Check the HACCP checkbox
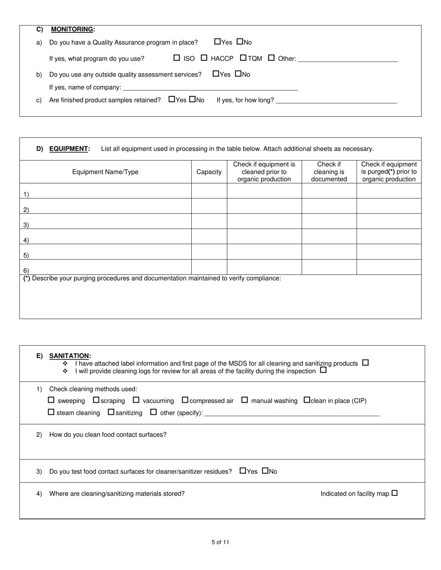pyautogui.click(x=204, y=58)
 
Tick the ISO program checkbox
pyautogui.click(x=176, y=58)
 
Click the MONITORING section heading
pyautogui.click(x=72, y=29)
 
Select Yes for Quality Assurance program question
pyautogui.click(x=218, y=42)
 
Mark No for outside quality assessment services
pyautogui.click(x=238, y=74)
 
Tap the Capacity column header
pyautogui.click(x=209, y=172)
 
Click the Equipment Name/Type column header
pyautogui.click(x=105, y=172)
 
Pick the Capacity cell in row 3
pyautogui.click(x=209, y=221)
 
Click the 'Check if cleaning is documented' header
pyautogui.click(x=329, y=172)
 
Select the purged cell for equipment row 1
pyautogui.click(x=389, y=191)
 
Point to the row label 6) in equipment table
pyautogui.click(x=26, y=270)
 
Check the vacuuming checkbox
pyautogui.click(x=136, y=400)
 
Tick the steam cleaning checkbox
pyautogui.click(x=51, y=412)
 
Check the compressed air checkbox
pyautogui.click(x=185, y=400)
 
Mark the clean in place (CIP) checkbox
pyautogui.click(x=307, y=400)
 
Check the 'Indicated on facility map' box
pyautogui.click(x=395, y=493)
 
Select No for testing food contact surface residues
pyautogui.click(x=265, y=471)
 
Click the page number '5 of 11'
pyautogui.click(x=220, y=542)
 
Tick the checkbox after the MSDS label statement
pyautogui.click(x=365, y=363)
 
